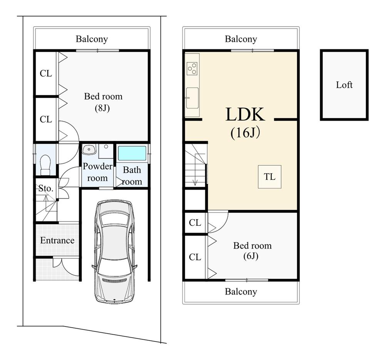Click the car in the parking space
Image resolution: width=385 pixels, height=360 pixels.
coord(114,251)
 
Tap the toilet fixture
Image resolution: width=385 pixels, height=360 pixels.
coord(45,165)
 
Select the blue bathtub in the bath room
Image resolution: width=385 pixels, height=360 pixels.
coord(132,153)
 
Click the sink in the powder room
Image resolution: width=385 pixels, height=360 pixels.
coord(89,150)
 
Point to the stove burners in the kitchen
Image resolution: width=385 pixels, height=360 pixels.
coord(192,69)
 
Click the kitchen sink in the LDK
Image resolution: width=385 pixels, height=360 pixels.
coord(192,98)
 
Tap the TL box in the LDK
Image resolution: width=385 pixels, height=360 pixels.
coord(269,177)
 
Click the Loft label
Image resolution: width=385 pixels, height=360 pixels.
coord(344,85)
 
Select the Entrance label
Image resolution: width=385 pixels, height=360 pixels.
coord(57,241)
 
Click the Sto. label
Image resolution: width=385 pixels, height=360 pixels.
coord(45,188)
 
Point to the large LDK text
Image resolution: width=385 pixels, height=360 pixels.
coord(245,115)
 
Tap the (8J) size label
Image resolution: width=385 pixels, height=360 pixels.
coord(103,108)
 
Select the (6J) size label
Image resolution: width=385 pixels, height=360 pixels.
coord(252,256)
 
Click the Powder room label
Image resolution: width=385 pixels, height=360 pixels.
coord(97,172)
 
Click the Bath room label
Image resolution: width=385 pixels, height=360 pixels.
coord(132,176)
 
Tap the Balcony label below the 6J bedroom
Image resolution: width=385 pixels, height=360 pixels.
coord(241,292)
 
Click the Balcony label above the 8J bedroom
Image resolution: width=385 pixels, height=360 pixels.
coord(92,39)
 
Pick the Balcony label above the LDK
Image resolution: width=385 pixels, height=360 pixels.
coord(241,39)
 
